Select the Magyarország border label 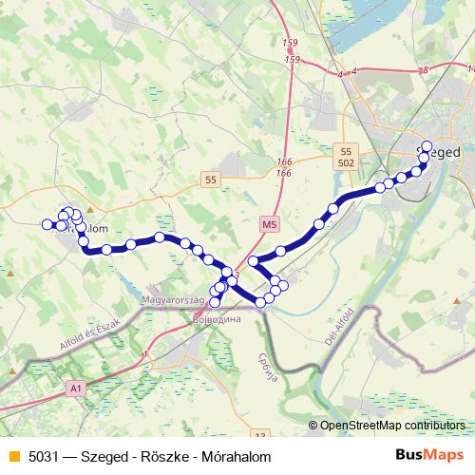click(x=173, y=299)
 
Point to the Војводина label click(x=218, y=319)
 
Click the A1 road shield click(x=77, y=389)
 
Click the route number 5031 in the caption click(x=39, y=455)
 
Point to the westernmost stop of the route click(x=47, y=224)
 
